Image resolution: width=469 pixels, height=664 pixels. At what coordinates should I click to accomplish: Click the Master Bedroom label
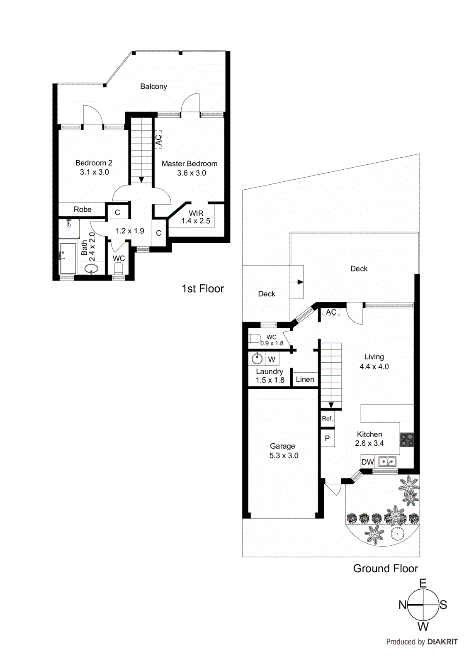click(190, 164)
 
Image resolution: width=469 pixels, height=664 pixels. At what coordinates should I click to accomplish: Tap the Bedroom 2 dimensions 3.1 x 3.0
click(94, 172)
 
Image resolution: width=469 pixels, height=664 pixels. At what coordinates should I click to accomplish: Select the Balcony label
click(153, 86)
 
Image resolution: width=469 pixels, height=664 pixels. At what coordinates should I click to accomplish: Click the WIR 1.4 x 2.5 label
click(196, 217)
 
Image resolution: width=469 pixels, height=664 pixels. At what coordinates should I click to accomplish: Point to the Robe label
click(83, 210)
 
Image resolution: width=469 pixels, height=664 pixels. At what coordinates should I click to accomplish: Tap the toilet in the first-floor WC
click(119, 269)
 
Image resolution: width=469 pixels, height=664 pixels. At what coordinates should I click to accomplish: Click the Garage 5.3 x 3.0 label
click(283, 451)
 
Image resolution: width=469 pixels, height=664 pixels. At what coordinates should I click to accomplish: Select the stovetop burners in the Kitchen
click(406, 440)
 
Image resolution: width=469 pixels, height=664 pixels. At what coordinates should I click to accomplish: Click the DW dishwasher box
click(367, 462)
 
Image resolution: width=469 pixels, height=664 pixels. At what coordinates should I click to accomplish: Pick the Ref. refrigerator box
click(327, 419)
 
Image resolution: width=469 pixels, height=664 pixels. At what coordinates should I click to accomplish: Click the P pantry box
click(327, 438)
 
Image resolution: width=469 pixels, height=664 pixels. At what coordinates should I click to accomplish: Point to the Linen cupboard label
click(305, 379)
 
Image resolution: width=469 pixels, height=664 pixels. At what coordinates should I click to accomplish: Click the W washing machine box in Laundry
click(272, 359)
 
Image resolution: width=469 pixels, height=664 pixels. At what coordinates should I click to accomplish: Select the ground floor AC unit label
click(331, 312)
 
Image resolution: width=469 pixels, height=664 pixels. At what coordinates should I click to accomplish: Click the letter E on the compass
click(423, 583)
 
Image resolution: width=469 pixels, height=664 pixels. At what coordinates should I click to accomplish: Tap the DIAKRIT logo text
click(442, 642)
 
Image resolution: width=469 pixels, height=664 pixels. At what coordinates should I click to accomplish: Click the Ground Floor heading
click(385, 569)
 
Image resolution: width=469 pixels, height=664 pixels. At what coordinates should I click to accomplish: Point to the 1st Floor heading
click(202, 289)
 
